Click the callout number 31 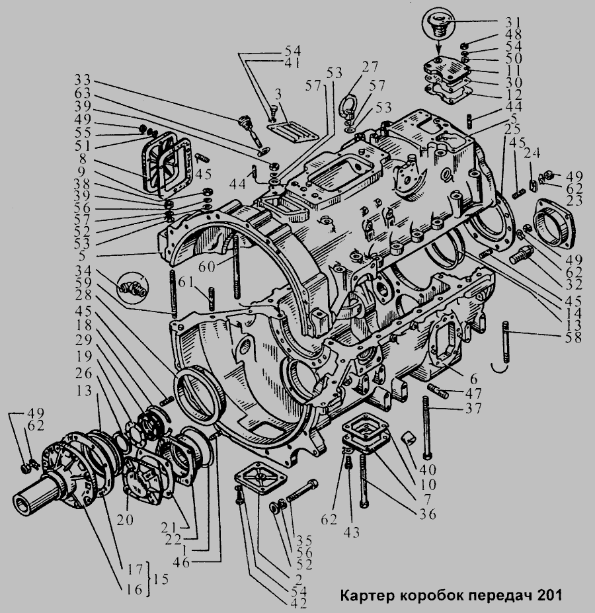click(512, 20)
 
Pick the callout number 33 click(82, 80)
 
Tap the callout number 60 click(206, 267)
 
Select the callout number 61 click(186, 282)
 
